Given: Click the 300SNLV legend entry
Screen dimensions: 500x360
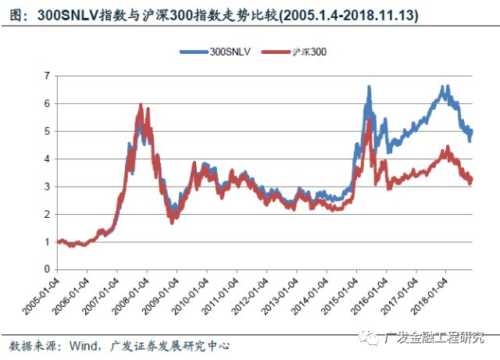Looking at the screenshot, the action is (216, 52).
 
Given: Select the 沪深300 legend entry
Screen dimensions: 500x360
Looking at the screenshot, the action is (294, 52).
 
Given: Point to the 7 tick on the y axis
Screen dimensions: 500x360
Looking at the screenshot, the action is (47, 76).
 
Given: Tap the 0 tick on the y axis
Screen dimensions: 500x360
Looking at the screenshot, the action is (47, 269).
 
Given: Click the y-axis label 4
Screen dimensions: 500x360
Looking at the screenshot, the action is (47, 159).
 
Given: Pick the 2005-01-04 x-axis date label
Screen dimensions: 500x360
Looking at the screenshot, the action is (41, 296).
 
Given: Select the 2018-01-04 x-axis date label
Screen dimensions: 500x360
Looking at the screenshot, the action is (429, 296).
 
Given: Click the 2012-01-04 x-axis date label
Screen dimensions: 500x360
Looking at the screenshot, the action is (250, 296).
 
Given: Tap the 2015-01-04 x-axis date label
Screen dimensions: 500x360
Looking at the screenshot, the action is (340, 296).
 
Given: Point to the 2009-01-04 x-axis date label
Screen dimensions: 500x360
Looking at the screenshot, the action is (160, 296).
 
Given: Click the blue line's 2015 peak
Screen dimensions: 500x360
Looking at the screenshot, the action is (370, 87).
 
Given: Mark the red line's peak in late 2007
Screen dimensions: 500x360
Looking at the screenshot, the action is (141, 105).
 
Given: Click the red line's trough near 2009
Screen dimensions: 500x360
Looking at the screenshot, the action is (172, 223).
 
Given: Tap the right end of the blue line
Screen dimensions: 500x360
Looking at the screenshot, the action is (471, 130).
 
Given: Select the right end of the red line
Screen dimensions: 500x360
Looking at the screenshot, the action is (471, 179).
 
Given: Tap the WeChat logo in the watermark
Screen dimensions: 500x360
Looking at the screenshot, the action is (370, 337).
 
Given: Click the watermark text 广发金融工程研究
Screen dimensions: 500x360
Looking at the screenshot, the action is (434, 337).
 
